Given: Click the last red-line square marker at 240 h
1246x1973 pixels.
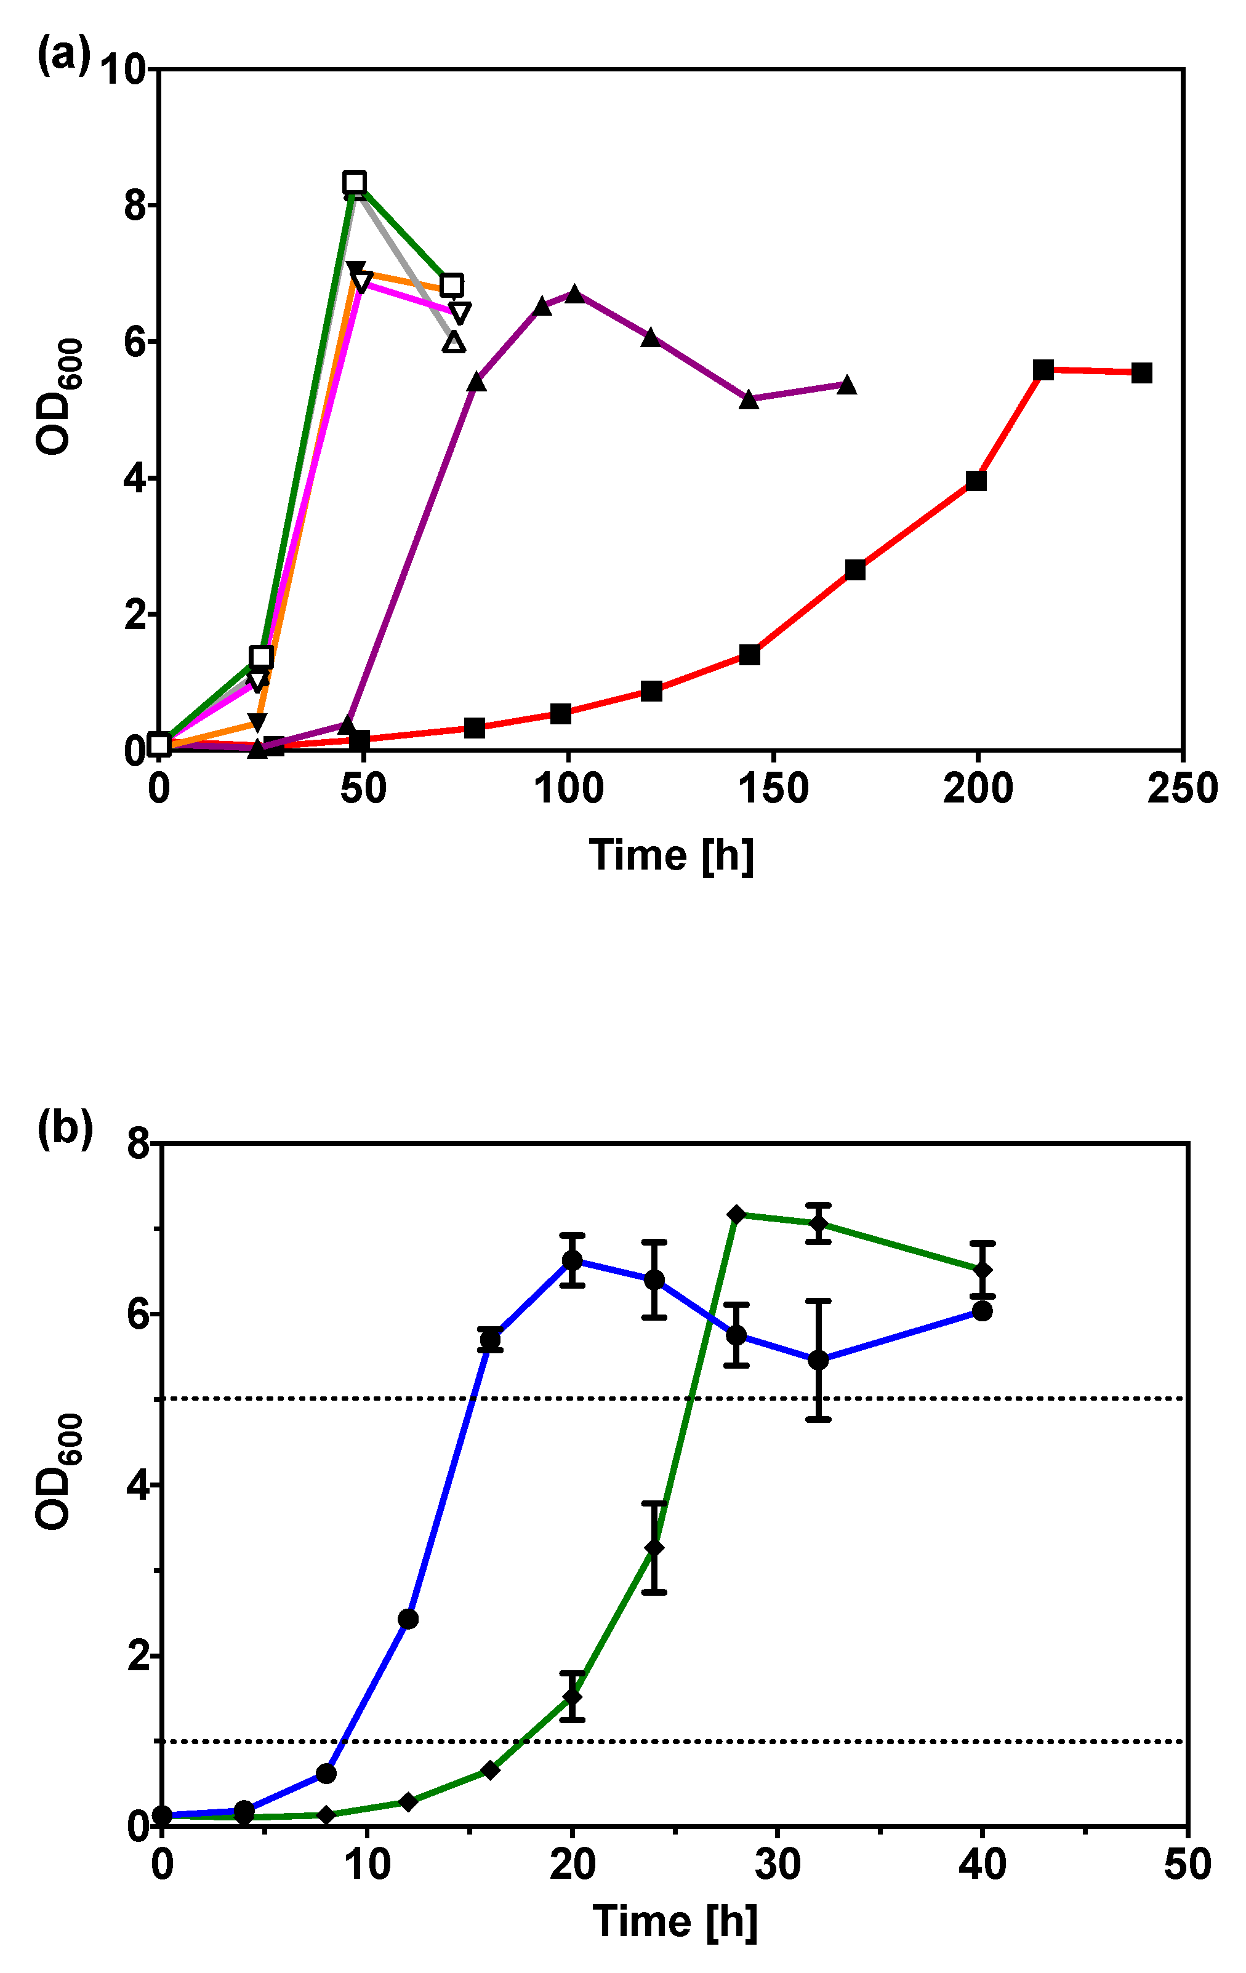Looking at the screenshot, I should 1141,373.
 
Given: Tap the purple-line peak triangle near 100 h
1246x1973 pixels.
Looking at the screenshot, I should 574,294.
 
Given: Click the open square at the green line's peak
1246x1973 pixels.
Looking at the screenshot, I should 354,182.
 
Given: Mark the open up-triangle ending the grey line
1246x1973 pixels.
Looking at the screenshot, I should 453,342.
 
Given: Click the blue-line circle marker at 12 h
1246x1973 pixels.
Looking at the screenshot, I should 408,1619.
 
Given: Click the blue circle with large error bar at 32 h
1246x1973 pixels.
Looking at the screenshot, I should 818,1360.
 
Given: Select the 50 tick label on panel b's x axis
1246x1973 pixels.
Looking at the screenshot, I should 1187,1865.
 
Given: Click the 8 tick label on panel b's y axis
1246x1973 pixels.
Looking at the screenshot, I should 139,1145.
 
